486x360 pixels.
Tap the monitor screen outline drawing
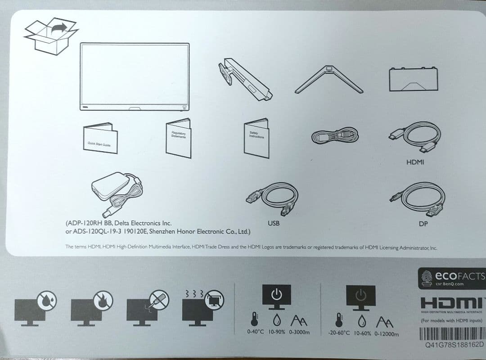coord(135,76)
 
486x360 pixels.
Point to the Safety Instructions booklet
coord(256,138)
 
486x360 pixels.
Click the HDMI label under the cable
coord(415,162)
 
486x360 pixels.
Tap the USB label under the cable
coord(274,223)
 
